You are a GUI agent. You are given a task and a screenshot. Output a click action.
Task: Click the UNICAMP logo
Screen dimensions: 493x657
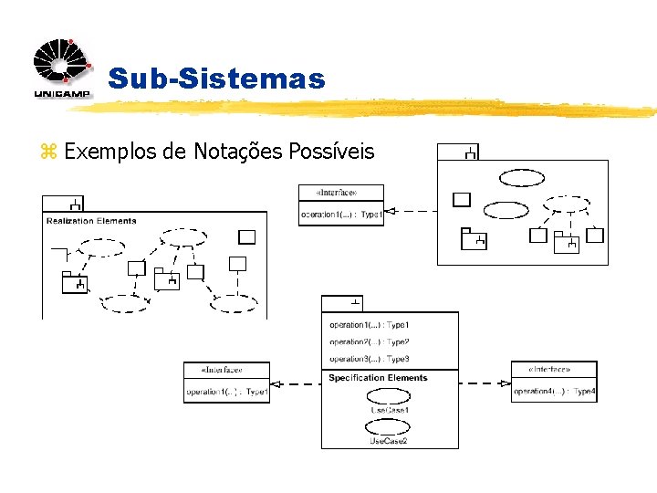[62, 69]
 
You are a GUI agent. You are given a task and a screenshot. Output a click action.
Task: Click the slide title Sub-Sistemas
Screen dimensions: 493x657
[216, 79]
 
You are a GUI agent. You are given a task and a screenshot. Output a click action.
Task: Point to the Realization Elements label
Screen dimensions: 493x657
[91, 220]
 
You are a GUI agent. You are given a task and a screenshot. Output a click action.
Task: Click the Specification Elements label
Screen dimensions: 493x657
[378, 378]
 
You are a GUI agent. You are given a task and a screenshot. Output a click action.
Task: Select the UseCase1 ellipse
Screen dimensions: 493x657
[389, 396]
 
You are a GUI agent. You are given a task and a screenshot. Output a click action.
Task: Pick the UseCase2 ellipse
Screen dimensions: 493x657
[388, 426]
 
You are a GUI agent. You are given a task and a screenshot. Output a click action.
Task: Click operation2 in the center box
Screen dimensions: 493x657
[370, 342]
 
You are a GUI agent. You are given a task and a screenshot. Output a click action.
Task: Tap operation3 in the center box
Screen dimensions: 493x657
[370, 359]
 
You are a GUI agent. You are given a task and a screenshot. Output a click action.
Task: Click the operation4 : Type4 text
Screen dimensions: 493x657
[554, 392]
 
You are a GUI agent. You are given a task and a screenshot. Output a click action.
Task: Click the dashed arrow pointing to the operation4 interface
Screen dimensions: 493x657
[485, 383]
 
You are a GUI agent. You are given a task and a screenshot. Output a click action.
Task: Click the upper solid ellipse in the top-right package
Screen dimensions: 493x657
[521, 177]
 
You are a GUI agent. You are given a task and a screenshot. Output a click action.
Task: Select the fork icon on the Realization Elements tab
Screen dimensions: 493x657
[77, 205]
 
